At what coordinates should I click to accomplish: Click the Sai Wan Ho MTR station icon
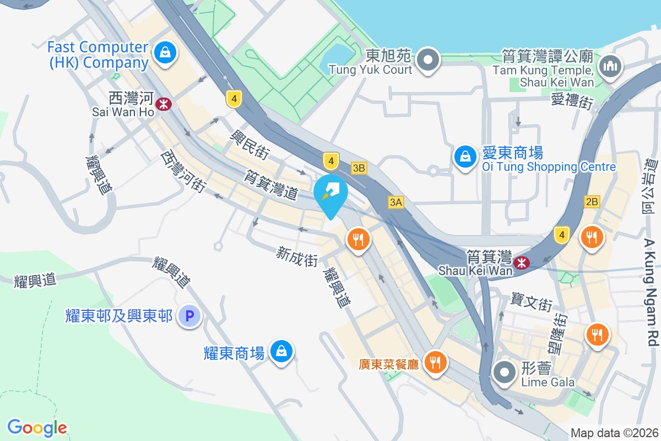(164, 104)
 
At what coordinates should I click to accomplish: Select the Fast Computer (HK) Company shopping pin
(165, 53)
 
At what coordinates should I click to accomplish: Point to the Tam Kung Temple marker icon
(611, 67)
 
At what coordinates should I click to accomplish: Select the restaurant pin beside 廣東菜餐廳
(436, 362)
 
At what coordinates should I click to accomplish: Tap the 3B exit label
(359, 168)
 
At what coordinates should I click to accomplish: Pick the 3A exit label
(395, 202)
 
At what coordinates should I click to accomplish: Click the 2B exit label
(592, 202)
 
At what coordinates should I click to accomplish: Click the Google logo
(37, 427)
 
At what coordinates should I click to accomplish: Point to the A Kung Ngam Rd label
(652, 292)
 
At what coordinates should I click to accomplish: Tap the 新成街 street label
(297, 256)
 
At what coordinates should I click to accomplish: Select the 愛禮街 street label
(571, 101)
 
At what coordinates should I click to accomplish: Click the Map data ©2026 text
(614, 433)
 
